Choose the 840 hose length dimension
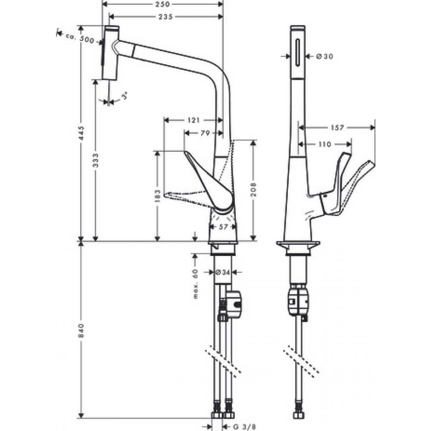(81, 330)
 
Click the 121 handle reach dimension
(193, 121)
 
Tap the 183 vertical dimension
(157, 195)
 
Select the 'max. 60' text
(195, 284)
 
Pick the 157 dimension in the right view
(337, 128)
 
